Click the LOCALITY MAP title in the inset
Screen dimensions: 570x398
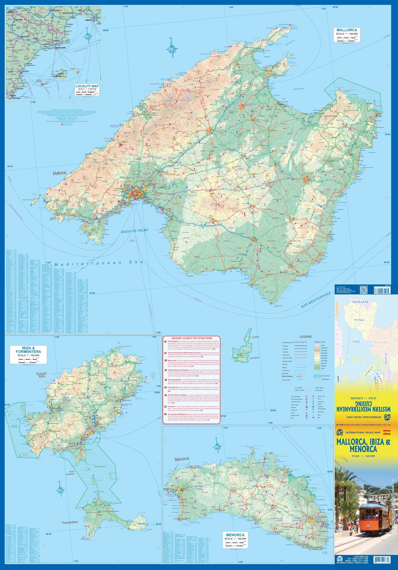(87, 86)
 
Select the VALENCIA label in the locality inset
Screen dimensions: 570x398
(25, 71)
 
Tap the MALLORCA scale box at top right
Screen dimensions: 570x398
(347, 34)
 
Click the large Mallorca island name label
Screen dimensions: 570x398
(59, 173)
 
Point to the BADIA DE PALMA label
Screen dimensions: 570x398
(135, 231)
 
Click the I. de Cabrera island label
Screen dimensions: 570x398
(254, 358)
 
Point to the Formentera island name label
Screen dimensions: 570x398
(70, 522)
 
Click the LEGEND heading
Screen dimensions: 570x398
(305, 336)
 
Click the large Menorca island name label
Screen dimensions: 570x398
(182, 459)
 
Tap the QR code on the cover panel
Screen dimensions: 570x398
(363, 290)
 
